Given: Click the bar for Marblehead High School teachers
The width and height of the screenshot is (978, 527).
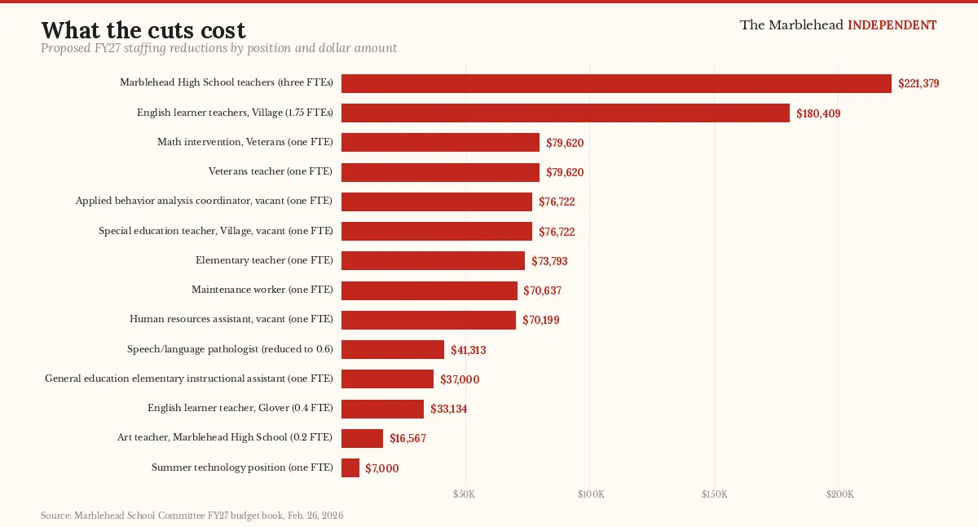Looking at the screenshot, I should tap(616, 83).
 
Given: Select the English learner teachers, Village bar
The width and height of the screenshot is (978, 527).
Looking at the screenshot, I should tap(566, 113).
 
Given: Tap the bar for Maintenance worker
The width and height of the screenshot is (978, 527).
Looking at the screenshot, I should tap(430, 290).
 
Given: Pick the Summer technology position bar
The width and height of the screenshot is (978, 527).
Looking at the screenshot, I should tap(350, 467).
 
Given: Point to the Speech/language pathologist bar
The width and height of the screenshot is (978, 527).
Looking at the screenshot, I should tap(393, 349).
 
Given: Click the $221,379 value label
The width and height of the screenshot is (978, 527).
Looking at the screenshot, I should tap(919, 83).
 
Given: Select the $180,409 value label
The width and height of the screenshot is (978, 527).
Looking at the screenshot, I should tap(818, 113).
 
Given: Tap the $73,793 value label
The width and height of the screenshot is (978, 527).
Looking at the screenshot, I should tap(549, 261).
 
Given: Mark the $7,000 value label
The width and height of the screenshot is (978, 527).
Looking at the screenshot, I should tap(382, 468).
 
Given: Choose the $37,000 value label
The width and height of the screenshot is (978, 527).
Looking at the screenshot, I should tap(460, 379).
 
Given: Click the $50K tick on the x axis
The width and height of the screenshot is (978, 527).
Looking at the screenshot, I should tap(464, 495).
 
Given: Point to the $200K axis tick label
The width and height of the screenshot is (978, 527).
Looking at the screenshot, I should tap(839, 495).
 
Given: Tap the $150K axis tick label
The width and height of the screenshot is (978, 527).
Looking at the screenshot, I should tap(714, 495).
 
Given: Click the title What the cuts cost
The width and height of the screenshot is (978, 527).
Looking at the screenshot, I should tap(143, 30).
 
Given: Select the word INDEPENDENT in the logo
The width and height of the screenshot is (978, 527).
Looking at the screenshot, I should tap(892, 25).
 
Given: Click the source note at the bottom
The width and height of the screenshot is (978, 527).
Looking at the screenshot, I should tap(192, 516).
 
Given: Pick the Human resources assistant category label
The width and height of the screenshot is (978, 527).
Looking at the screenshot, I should tap(231, 319).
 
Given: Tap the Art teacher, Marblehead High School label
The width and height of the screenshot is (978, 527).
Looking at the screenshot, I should tap(225, 437).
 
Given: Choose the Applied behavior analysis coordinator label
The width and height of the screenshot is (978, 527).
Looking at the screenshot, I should tap(204, 201).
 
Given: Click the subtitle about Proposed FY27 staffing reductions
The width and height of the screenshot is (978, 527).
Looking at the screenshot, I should tap(218, 49).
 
